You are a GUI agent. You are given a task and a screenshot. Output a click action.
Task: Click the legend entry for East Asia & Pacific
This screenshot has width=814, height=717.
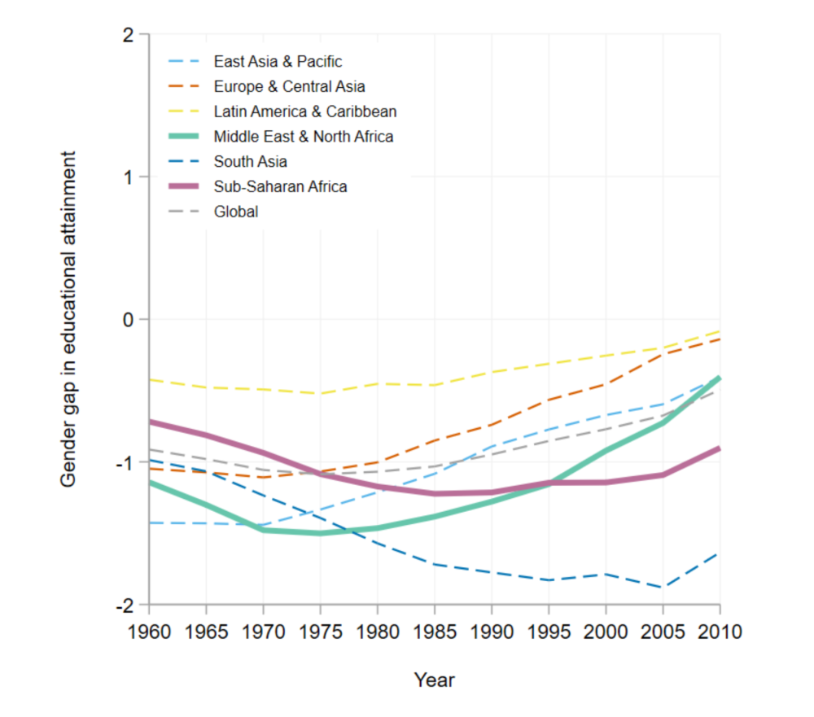(278, 62)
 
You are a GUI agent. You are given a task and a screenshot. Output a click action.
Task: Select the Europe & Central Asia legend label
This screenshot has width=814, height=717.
(289, 86)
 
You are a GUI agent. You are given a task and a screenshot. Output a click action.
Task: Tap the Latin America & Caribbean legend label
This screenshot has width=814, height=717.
(304, 111)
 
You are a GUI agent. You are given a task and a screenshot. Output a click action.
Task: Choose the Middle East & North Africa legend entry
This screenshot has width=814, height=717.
(303, 137)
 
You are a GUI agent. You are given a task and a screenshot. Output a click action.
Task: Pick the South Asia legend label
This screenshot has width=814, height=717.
(250, 162)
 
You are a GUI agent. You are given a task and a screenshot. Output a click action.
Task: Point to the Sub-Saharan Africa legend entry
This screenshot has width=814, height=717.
(280, 186)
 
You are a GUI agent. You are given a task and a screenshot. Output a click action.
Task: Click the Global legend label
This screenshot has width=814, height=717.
(236, 212)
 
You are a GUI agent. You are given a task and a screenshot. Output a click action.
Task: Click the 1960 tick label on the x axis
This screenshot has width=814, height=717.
(150, 631)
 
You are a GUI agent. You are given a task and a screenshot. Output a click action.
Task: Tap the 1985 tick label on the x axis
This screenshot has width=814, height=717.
(435, 631)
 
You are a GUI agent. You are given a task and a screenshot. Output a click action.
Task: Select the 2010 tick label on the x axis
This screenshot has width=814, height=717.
(720, 631)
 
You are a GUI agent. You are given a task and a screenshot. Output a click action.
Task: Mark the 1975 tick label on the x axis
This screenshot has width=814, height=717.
(321, 631)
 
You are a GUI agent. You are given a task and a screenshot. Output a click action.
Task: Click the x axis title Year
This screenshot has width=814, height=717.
(434, 679)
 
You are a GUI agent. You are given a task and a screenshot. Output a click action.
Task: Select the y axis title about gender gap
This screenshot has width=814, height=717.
(70, 320)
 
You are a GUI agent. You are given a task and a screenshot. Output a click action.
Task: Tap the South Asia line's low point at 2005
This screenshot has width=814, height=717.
(663, 587)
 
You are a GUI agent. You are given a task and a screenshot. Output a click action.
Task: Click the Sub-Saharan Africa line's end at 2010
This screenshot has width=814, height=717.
(720, 448)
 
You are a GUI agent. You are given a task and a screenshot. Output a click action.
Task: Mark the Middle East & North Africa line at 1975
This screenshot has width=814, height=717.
(321, 533)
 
